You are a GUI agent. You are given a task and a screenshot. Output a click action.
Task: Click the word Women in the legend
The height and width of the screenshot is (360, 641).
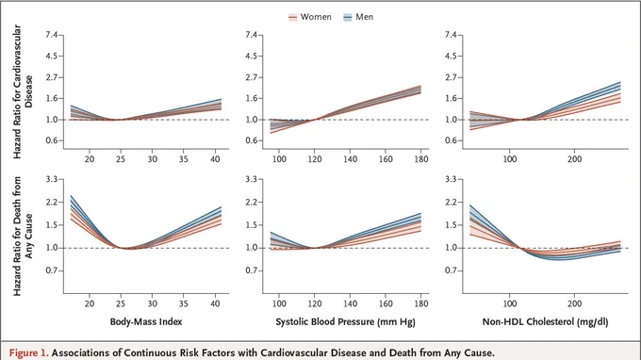click(316, 17)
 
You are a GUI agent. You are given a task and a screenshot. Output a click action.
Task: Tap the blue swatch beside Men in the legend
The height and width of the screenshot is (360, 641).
click(348, 17)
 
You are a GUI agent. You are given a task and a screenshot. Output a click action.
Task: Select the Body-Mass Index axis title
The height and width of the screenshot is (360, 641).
click(146, 321)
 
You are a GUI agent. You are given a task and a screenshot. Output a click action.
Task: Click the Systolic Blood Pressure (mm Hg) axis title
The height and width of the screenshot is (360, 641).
click(345, 322)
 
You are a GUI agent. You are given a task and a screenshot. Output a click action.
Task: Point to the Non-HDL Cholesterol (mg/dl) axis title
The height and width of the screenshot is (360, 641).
click(546, 322)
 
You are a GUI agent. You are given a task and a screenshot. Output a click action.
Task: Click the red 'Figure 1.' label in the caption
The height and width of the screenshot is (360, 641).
click(28, 352)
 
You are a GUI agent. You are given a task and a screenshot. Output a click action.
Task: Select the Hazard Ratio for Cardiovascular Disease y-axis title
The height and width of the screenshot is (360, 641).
click(23, 91)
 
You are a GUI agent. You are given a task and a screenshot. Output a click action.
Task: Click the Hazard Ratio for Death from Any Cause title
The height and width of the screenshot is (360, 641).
click(23, 236)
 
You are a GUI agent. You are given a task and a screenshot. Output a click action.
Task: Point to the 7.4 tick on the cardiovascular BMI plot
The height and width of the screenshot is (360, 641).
click(52, 35)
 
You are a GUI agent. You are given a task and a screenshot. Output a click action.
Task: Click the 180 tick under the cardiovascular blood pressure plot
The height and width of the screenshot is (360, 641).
click(421, 159)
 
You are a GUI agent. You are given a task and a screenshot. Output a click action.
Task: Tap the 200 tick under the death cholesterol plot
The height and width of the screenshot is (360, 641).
click(574, 303)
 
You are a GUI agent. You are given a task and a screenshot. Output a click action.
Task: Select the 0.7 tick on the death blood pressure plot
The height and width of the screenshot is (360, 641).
click(252, 270)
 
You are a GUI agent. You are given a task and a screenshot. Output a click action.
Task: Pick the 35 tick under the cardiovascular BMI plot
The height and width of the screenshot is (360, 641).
click(184, 159)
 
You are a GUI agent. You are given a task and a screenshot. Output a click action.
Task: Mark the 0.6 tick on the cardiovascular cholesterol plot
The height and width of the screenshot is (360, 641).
click(452, 140)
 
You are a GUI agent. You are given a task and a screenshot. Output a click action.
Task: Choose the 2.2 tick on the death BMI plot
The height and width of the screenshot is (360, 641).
click(52, 203)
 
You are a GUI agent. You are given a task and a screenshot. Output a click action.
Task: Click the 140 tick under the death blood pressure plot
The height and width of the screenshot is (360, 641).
click(350, 303)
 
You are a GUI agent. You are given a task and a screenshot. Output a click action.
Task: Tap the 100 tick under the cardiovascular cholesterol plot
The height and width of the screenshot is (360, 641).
click(509, 159)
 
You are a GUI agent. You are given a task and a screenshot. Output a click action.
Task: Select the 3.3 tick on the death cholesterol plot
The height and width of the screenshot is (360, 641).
click(452, 179)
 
